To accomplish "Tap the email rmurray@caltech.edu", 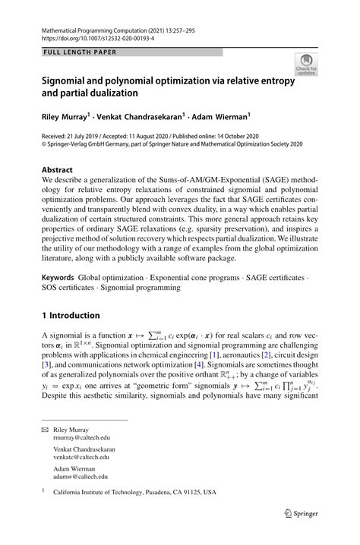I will (81, 437).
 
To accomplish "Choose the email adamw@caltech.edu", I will (80, 477).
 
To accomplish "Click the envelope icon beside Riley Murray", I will (45, 429).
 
